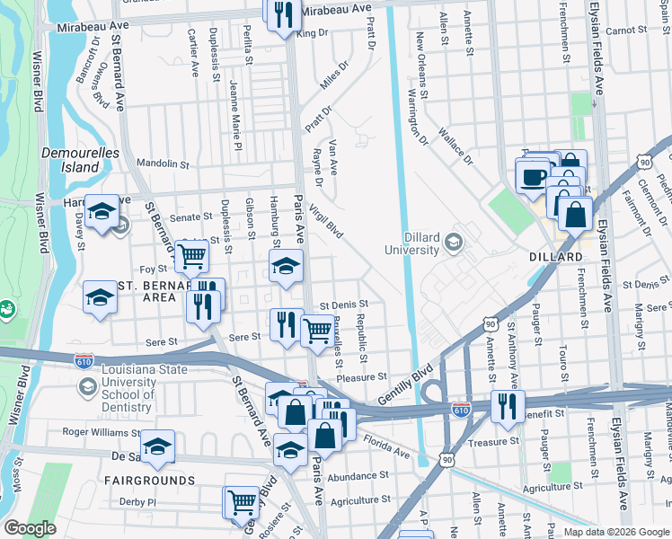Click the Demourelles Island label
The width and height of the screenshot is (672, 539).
[x=80, y=160]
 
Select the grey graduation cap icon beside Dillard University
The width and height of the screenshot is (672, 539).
[x=453, y=241]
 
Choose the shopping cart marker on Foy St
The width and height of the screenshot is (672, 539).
[x=191, y=256]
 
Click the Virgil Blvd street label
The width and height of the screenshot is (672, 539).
[x=326, y=219]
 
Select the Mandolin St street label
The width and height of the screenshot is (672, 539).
[x=163, y=164]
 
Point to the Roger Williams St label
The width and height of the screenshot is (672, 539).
[x=101, y=432]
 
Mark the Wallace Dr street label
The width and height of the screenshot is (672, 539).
[x=455, y=146]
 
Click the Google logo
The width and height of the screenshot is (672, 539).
[x=30, y=528]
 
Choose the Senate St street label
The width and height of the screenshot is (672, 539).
[x=191, y=217]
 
